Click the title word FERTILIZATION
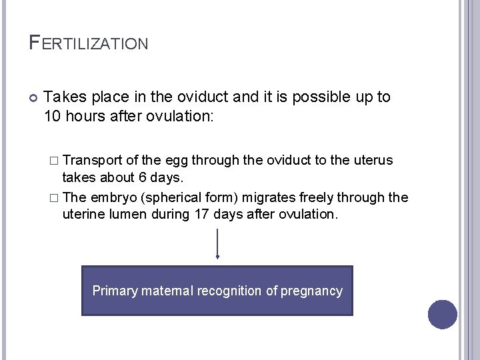pos(89,44)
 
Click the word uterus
pos(374,160)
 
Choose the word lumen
pos(125,215)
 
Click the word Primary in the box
pos(114,291)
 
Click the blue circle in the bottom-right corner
pos(443,314)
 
